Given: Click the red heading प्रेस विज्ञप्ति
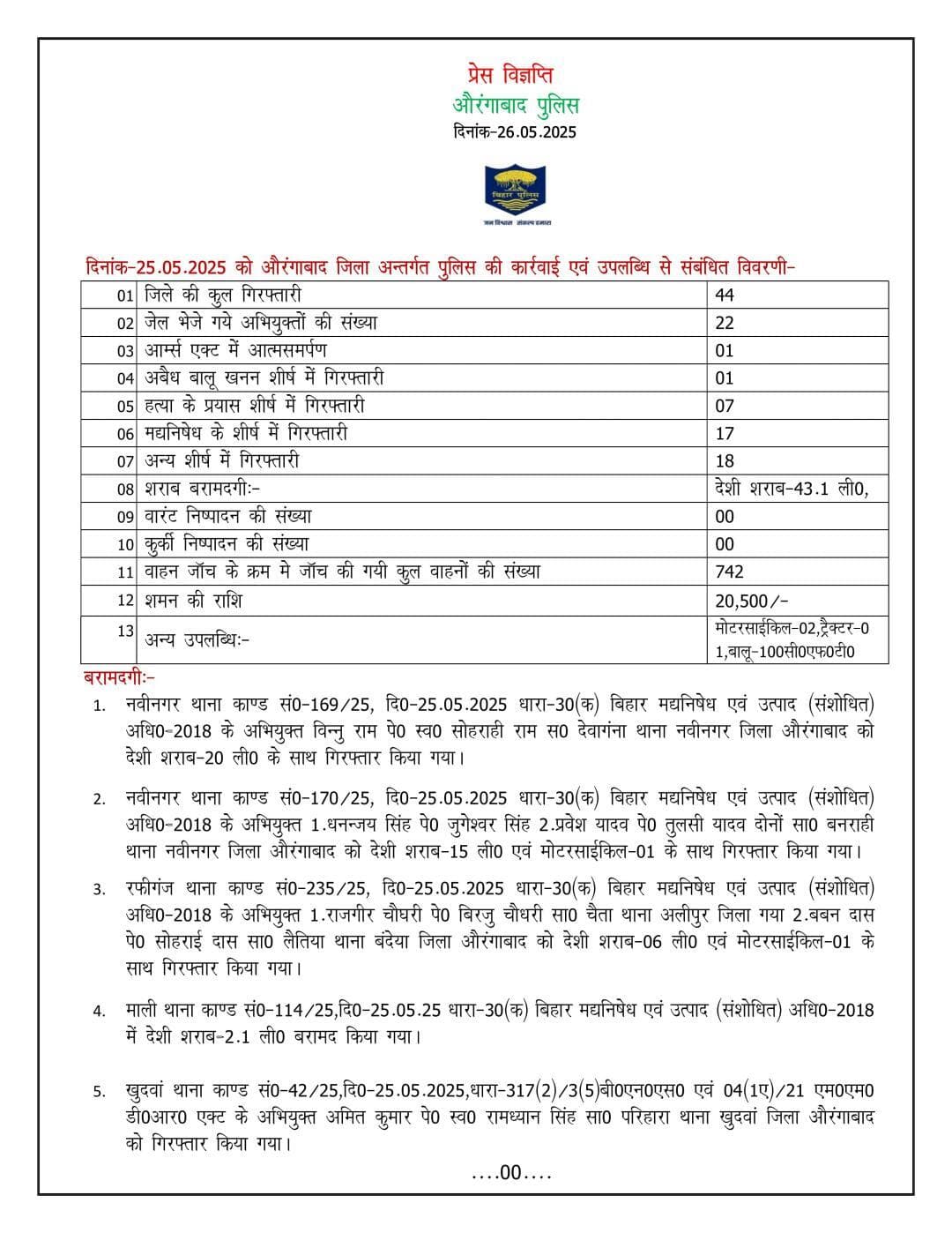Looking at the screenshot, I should click(x=510, y=76).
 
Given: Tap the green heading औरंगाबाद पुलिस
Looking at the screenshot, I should click(x=516, y=105).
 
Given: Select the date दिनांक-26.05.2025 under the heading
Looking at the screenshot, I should click(x=515, y=132).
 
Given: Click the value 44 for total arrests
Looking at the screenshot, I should click(x=725, y=295).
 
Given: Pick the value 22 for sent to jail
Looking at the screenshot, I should click(x=725, y=323).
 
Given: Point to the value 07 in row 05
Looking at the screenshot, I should click(x=725, y=406).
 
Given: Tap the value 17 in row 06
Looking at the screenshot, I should click(x=725, y=433).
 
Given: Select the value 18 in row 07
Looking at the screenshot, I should click(x=725, y=460).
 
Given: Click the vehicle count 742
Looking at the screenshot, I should click(x=730, y=572).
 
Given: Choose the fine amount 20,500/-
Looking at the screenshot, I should click(x=752, y=601).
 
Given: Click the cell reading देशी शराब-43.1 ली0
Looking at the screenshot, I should click(x=791, y=489).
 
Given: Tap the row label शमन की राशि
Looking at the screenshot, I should click(x=194, y=601).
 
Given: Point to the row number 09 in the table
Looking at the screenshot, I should click(x=125, y=517).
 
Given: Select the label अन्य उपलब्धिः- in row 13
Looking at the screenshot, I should click(x=197, y=639).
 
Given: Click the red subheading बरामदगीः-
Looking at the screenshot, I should click(x=119, y=677).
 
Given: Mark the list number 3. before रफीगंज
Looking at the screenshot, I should click(x=100, y=888).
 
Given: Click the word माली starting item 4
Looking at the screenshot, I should click(x=142, y=1010).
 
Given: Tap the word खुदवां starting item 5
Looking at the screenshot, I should click(x=148, y=1091).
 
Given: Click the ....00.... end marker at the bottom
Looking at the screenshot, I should click(x=511, y=1173).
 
